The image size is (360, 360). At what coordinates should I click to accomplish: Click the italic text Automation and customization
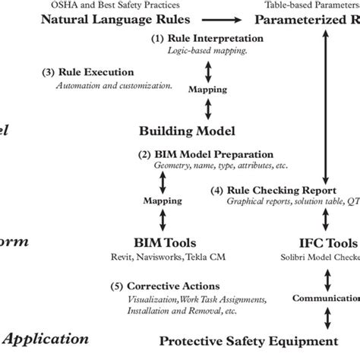click(114, 85)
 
